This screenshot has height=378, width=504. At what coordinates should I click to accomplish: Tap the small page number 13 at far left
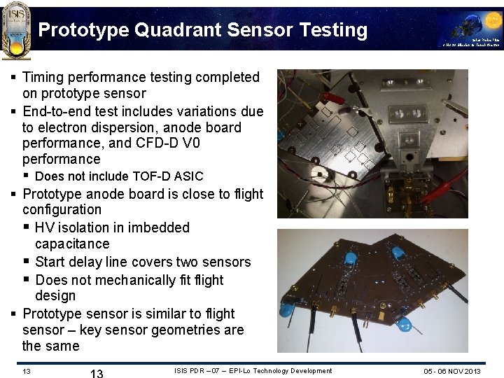[x=25, y=370]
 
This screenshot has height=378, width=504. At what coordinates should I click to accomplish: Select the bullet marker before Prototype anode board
[x=14, y=194]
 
